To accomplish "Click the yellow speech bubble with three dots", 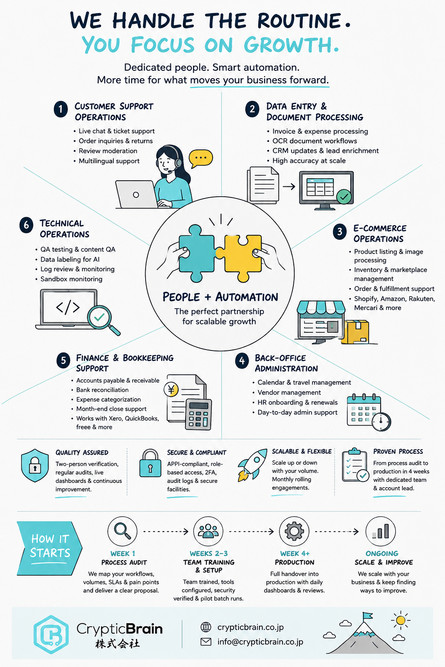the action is (x=201, y=158).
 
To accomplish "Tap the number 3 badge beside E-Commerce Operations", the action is (x=339, y=231).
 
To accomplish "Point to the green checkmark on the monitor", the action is (x=344, y=197).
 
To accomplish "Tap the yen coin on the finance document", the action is (x=171, y=389).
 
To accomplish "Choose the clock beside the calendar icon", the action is (x=381, y=421).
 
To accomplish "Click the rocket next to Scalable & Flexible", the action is (x=252, y=465).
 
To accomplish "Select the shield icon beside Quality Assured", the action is (x=35, y=465).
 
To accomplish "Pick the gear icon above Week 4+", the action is (x=294, y=531).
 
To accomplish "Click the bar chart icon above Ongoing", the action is (x=381, y=531).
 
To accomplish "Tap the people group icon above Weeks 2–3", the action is (x=208, y=531).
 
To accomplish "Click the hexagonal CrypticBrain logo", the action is (x=51, y=634).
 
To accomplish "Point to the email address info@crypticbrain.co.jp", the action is (x=260, y=642).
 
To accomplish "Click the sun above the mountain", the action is (x=401, y=620).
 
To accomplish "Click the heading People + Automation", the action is (x=220, y=297).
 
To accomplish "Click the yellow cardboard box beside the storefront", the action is (x=355, y=332).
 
